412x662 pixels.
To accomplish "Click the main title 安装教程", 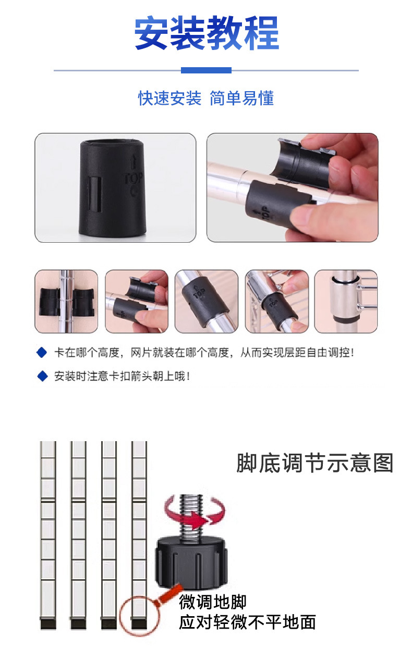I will coord(207,34).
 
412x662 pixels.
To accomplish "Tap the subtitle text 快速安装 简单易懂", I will coord(205,98).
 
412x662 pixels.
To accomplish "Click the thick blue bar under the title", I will coord(206,70).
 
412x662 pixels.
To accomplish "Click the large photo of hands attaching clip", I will coord(292,188).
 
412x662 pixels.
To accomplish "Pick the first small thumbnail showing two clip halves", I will coord(66,301).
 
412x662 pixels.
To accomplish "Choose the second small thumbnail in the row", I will coord(137,301).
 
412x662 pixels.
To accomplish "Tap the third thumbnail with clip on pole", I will coord(206,301).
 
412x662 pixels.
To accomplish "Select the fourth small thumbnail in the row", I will coord(276,301).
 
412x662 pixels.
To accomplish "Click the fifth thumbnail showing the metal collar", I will coord(346,301).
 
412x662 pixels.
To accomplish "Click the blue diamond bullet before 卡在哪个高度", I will coord(42,353).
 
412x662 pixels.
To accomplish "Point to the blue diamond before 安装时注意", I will coord(42,376).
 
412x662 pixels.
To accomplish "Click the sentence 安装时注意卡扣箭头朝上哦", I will coord(122,376).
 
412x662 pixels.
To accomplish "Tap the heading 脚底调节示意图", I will coord(314,463).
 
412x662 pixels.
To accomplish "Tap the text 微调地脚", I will coord(213,602).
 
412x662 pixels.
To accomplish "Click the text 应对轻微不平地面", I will coord(247,622).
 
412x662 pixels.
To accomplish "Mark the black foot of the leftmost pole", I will coord(48,623).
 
